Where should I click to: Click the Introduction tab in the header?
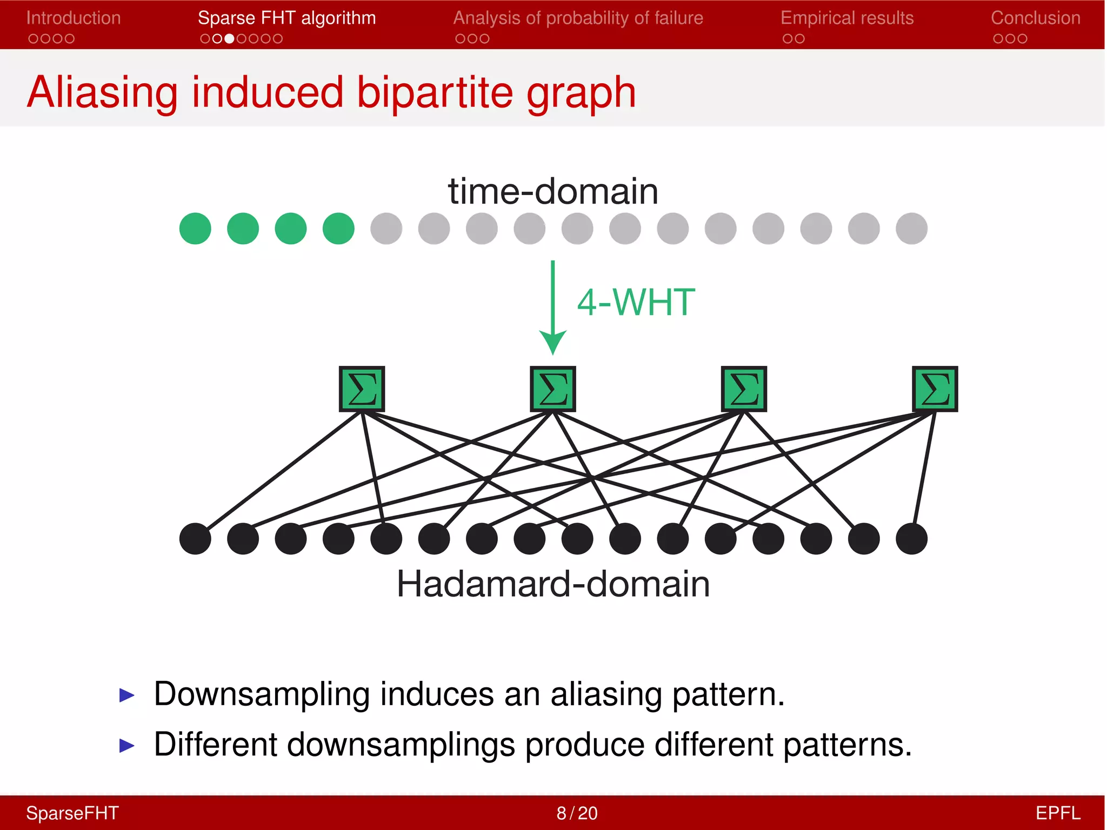(74, 18)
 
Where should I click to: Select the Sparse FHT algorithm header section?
(286, 18)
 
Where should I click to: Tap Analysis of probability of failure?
(578, 18)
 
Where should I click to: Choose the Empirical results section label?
(847, 18)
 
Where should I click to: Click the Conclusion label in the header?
(1035, 18)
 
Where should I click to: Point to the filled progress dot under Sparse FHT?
(229, 38)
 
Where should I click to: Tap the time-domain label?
(553, 191)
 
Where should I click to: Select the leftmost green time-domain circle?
(195, 229)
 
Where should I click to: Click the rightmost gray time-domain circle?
(911, 229)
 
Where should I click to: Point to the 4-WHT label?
(636, 302)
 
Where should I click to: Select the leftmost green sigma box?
(362, 389)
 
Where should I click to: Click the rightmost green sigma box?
(935, 389)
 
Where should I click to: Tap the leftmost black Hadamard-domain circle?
(195, 539)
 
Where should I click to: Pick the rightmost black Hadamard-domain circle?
(911, 539)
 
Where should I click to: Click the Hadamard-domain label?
(553, 584)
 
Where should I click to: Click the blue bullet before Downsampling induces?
(126, 695)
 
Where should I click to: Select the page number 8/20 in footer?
(577, 813)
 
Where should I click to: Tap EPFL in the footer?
(1057, 813)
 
